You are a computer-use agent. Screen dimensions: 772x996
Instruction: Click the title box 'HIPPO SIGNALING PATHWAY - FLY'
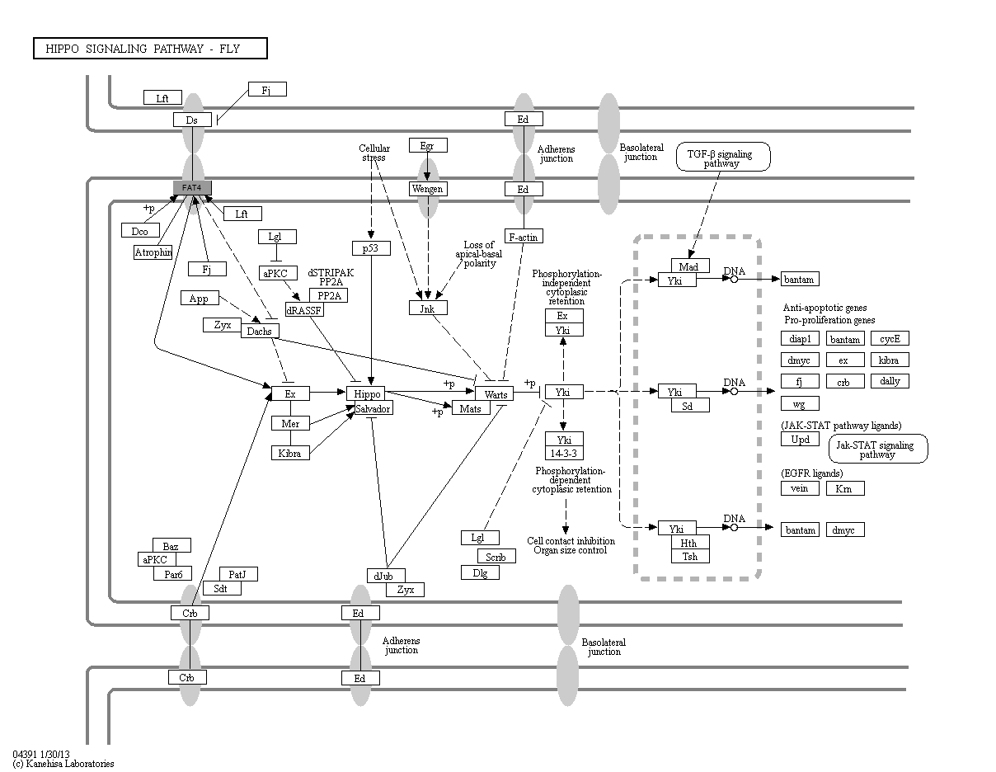pyautogui.click(x=150, y=49)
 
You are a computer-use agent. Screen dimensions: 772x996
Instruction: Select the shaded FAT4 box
pyautogui.click(x=192, y=188)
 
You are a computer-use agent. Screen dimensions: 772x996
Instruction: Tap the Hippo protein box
pyautogui.click(x=366, y=394)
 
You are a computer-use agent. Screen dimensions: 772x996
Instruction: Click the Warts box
pyautogui.click(x=496, y=394)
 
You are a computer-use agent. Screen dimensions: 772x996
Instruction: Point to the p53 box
pyautogui.click(x=371, y=247)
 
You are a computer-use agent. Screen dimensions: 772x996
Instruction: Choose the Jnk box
pyautogui.click(x=428, y=308)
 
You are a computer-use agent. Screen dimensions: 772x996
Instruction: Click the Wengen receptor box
pyautogui.click(x=428, y=189)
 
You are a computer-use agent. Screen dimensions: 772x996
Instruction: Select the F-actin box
pyautogui.click(x=524, y=237)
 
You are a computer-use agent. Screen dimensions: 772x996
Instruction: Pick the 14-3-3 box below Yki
pyautogui.click(x=564, y=454)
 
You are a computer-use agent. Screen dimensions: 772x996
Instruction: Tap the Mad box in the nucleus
pyautogui.click(x=689, y=266)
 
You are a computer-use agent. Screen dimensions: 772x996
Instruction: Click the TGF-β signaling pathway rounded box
pyautogui.click(x=723, y=157)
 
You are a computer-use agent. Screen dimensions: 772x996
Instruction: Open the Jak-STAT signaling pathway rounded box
pyautogui.click(x=877, y=449)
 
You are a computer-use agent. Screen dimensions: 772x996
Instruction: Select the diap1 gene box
pyautogui.click(x=800, y=339)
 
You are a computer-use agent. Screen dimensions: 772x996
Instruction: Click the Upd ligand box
pyautogui.click(x=800, y=440)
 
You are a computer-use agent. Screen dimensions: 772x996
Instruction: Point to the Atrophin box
pyautogui.click(x=153, y=252)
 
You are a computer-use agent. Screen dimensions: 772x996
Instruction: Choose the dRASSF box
pyautogui.click(x=304, y=310)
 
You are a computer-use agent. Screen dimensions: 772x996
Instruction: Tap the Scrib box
pyautogui.click(x=496, y=557)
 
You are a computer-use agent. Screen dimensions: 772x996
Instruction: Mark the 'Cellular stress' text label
pyautogui.click(x=374, y=153)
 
